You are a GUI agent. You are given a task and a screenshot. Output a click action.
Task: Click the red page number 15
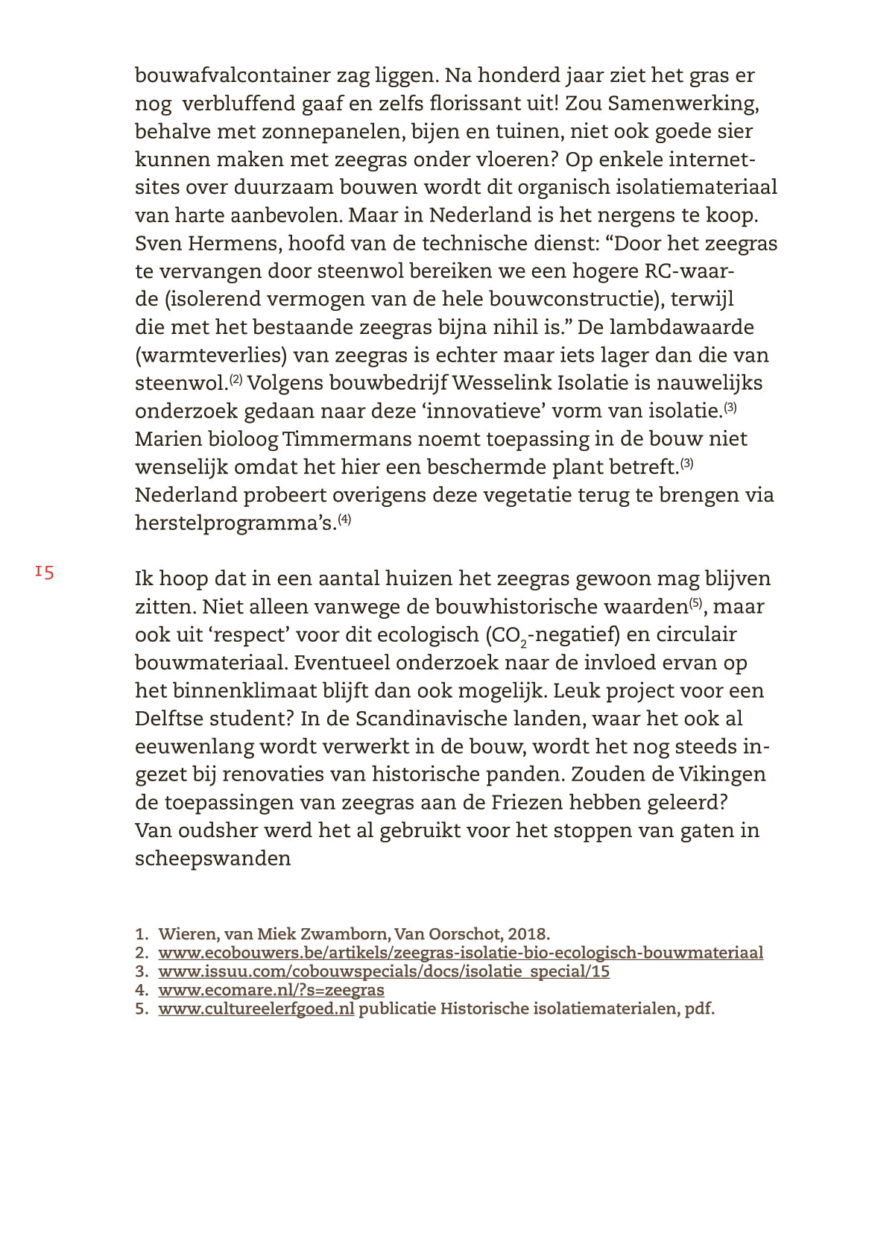(45, 573)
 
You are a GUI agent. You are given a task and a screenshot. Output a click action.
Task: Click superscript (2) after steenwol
(236, 379)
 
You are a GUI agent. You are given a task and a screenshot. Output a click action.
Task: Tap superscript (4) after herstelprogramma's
(344, 520)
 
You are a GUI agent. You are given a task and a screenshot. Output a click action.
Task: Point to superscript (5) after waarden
(695, 603)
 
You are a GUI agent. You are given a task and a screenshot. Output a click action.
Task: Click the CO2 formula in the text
(508, 636)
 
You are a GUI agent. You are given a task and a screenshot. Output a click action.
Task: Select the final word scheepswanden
(212, 859)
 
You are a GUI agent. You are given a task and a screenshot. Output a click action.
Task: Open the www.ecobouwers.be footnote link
(461, 953)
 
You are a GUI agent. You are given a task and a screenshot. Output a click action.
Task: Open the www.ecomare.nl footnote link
(271, 990)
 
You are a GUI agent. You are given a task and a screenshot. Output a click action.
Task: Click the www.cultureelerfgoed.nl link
(256, 1009)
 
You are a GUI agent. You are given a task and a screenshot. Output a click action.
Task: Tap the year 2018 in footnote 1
(528, 934)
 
